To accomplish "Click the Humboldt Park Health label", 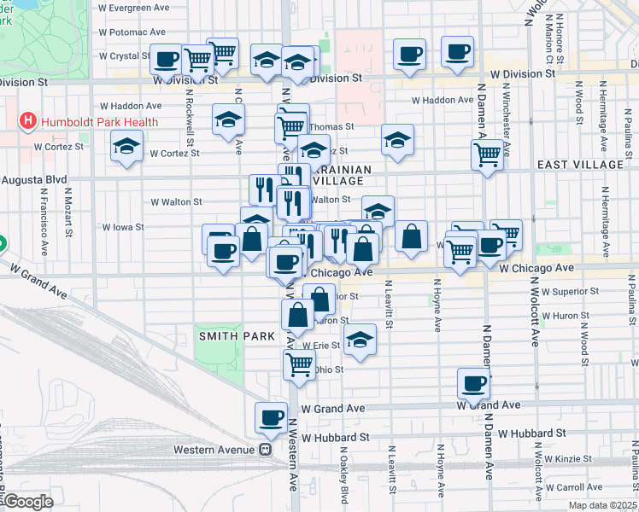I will pyautogui.click(x=98, y=122).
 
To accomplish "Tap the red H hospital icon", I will pyautogui.click(x=28, y=122).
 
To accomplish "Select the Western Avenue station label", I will pyautogui.click(x=215, y=449).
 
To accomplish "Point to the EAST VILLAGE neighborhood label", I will pyautogui.click(x=581, y=164).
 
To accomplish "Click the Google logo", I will pyautogui.click(x=27, y=502).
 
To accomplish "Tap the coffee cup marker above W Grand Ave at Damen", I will pyautogui.click(x=473, y=383).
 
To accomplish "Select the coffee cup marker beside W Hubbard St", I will pyautogui.click(x=272, y=417).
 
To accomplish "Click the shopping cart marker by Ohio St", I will pyautogui.click(x=299, y=364).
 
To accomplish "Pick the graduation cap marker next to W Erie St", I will pyautogui.click(x=360, y=341).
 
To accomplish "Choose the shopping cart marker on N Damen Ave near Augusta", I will pyautogui.click(x=487, y=155).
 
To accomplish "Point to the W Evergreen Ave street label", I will pyautogui.click(x=139, y=8).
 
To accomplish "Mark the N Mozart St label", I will pyautogui.click(x=67, y=213).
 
